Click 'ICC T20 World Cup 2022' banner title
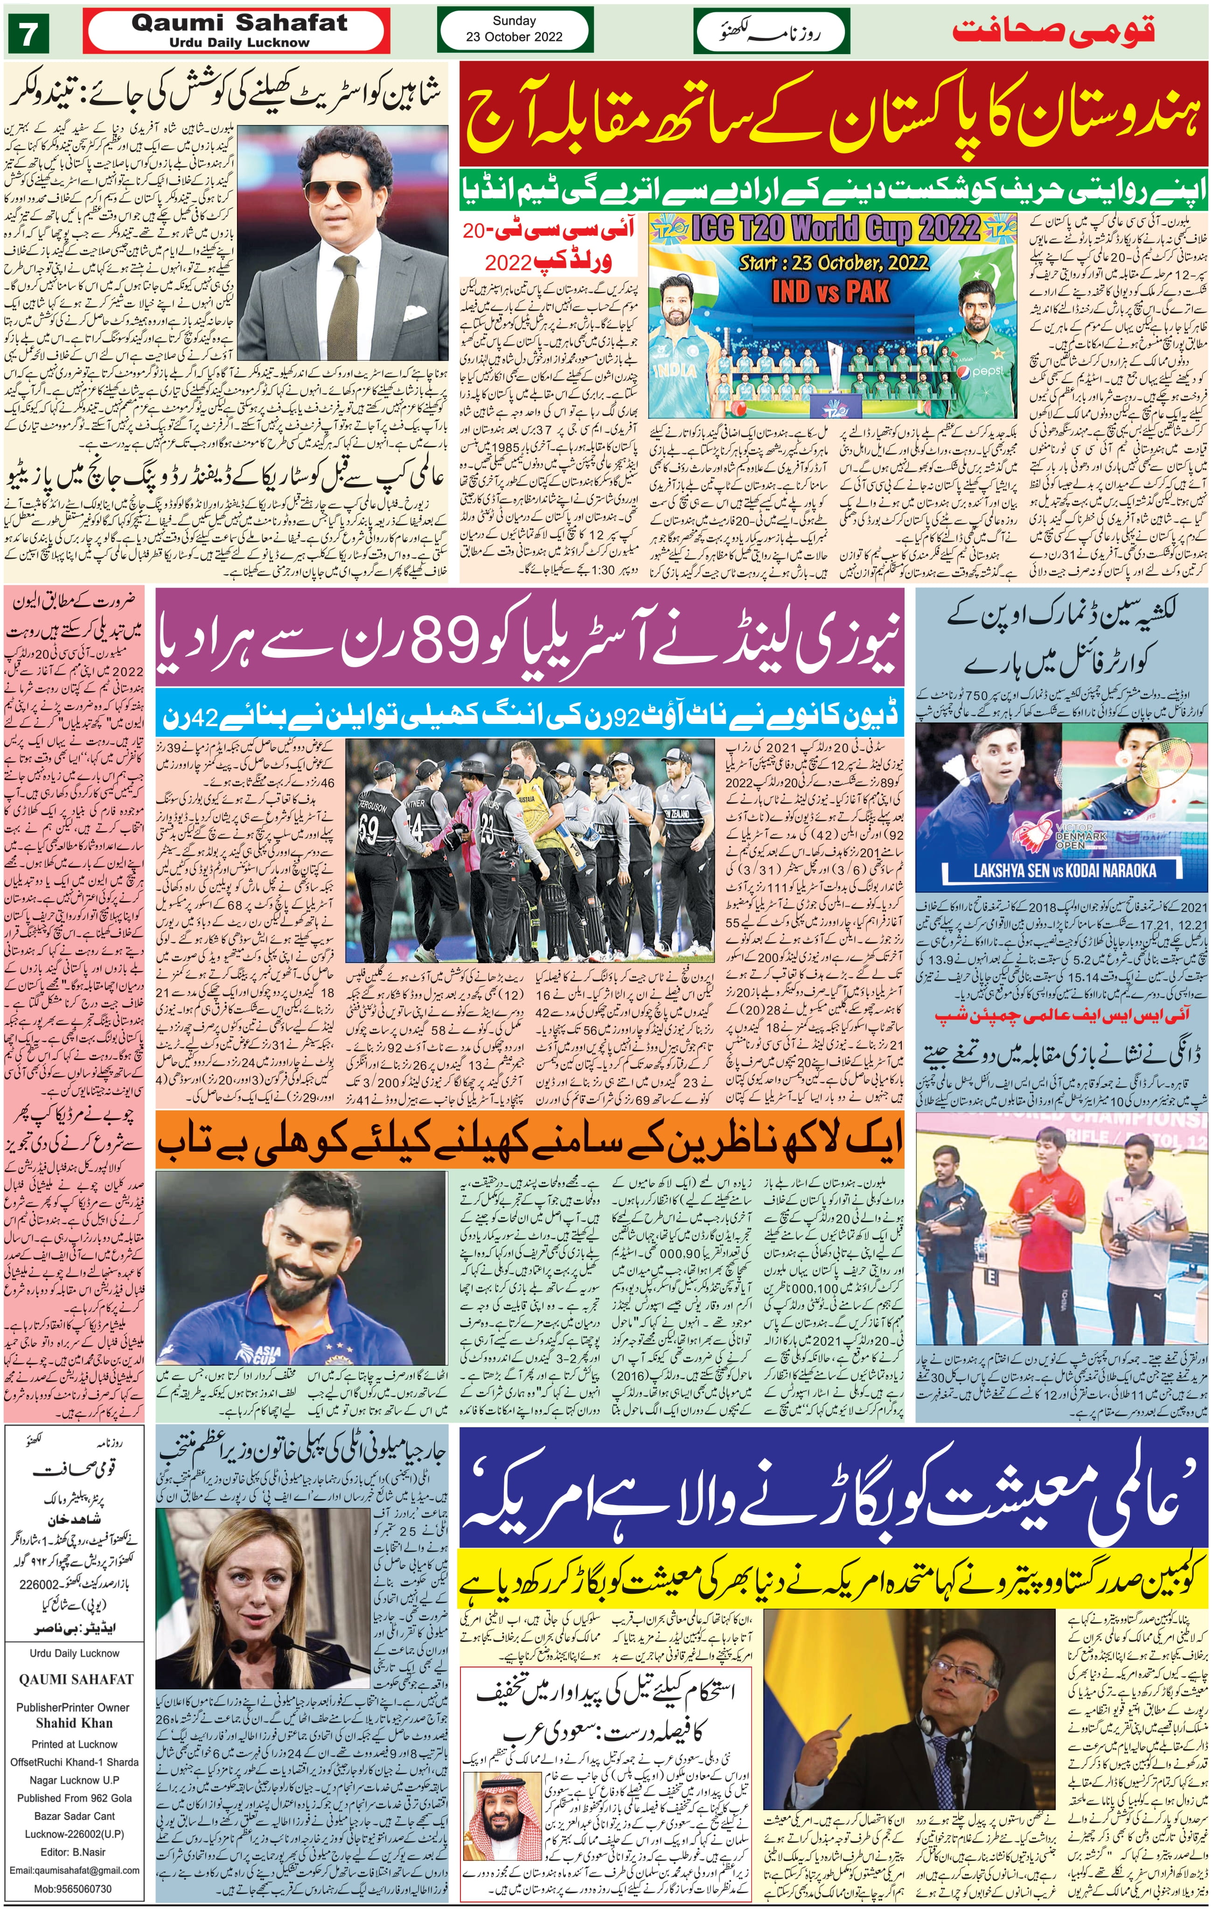(835, 229)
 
